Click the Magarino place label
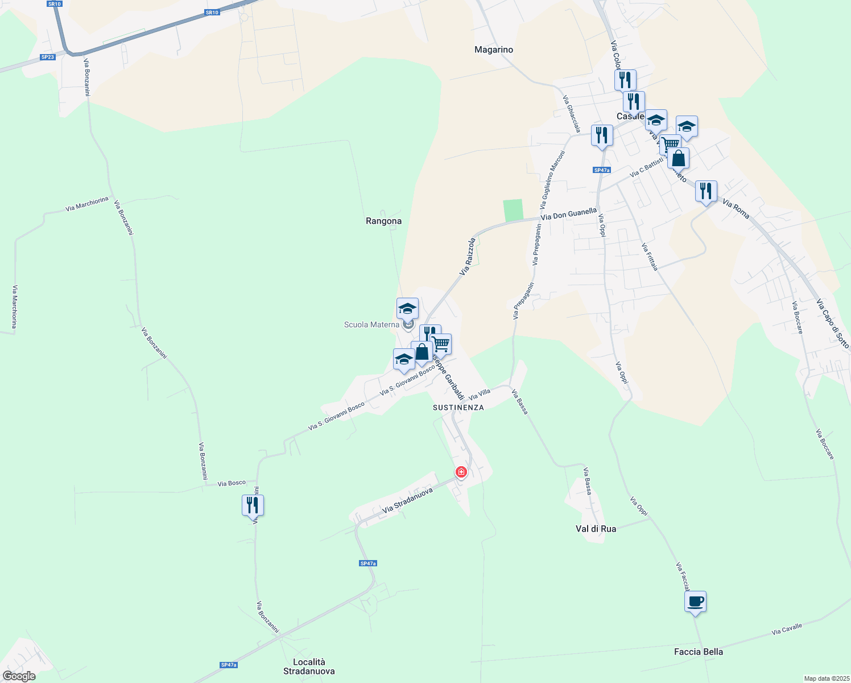point(494,50)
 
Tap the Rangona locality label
point(383,221)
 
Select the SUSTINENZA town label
point(458,408)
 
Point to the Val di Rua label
point(596,529)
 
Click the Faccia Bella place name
point(698,652)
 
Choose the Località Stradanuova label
point(309,666)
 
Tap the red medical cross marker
point(461,472)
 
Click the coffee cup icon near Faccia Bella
point(695,602)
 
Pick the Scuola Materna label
point(371,324)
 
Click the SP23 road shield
point(47,57)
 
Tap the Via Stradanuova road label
point(407,500)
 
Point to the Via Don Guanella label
point(568,214)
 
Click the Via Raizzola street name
point(468,257)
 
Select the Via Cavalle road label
point(787,629)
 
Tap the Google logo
point(19,676)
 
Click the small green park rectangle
point(513,210)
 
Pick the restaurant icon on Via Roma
point(706,192)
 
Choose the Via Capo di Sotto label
point(833,324)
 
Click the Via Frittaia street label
point(650,257)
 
